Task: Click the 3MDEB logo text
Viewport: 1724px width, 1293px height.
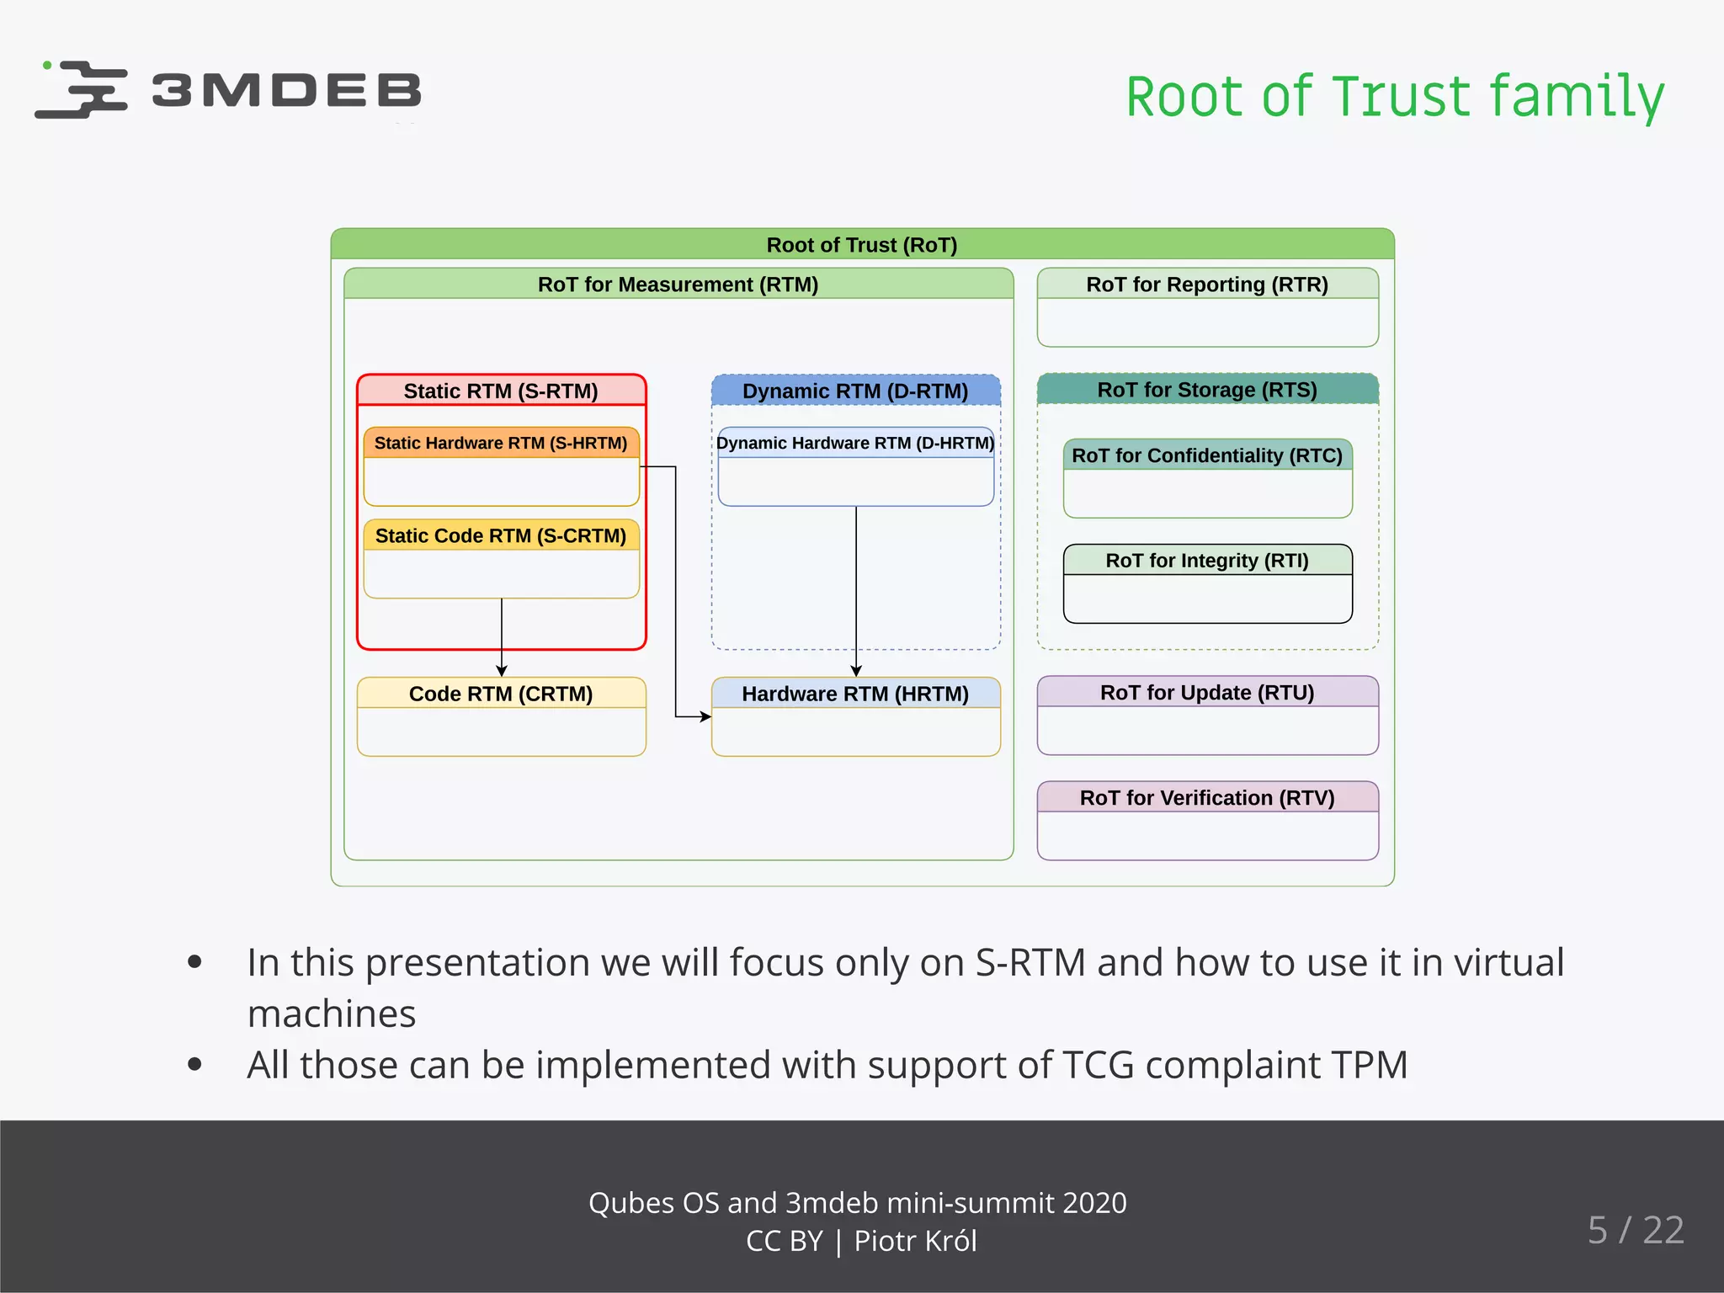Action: point(286,91)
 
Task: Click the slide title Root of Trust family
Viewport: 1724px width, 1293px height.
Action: point(1395,96)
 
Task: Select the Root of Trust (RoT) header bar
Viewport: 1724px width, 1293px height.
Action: point(862,245)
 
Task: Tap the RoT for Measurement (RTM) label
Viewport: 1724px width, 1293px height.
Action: point(678,285)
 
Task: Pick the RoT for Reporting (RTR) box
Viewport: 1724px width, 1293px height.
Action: point(1207,307)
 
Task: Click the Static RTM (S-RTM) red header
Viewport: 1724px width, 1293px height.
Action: point(501,391)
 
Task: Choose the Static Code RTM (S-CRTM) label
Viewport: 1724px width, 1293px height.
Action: point(501,535)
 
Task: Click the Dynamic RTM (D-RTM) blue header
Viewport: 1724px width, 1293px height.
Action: point(855,391)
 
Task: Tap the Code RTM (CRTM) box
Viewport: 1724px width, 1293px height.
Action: point(501,716)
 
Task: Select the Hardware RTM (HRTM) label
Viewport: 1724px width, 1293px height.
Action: point(855,694)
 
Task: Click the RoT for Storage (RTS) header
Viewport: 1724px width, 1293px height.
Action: point(1207,390)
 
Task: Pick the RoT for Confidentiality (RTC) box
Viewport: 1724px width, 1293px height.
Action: point(1207,478)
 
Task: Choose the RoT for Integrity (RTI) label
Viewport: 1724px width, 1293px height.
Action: point(1207,561)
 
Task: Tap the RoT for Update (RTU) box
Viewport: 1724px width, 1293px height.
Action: point(1207,715)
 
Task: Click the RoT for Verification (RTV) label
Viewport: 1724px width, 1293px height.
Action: point(1207,798)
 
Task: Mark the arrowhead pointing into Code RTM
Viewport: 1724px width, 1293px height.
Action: point(502,671)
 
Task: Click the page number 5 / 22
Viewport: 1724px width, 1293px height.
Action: point(1636,1230)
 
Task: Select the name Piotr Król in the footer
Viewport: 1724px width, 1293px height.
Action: point(915,1241)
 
